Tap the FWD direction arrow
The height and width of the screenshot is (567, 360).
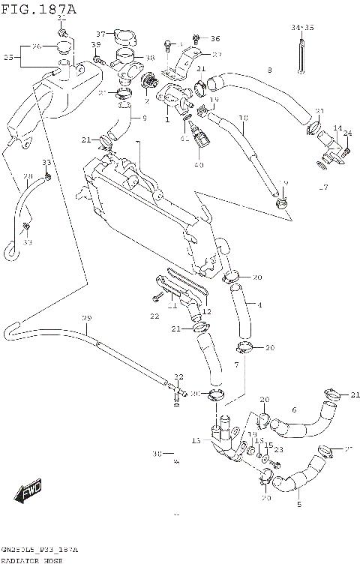30,492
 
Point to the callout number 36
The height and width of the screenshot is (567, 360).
215,38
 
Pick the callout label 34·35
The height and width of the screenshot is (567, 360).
303,28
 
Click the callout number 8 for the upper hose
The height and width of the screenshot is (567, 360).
269,70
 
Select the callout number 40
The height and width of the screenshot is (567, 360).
199,165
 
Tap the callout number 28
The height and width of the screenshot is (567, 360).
28,177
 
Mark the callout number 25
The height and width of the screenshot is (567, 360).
8,57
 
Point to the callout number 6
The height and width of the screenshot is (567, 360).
294,409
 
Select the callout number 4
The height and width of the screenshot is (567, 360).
259,305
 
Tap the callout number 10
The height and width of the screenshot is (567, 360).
243,118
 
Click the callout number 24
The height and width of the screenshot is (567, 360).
348,133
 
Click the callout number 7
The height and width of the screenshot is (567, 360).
235,364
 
